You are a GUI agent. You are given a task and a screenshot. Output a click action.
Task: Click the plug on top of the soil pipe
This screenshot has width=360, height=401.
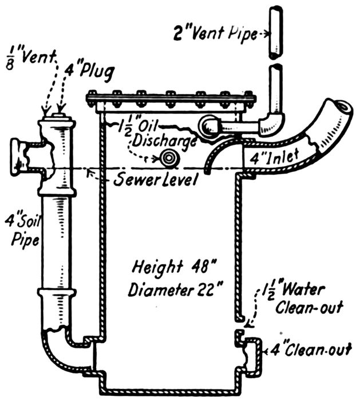pyautogui.click(x=57, y=116)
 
